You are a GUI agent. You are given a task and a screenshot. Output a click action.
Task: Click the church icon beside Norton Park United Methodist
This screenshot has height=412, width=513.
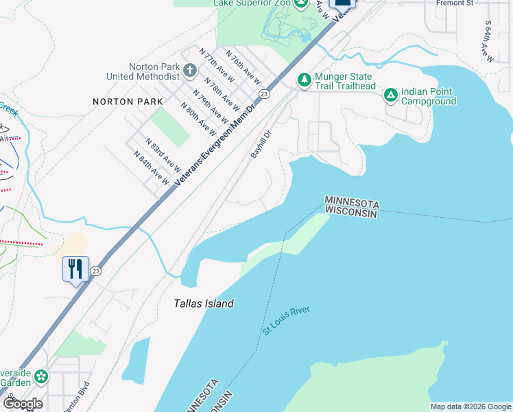point(190,70)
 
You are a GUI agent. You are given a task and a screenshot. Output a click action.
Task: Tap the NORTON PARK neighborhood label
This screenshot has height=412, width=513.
point(128,102)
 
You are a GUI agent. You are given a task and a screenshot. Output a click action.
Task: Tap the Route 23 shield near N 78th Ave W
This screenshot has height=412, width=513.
point(263,93)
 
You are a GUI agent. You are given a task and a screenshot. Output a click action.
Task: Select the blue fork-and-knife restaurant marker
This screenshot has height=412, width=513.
point(75,268)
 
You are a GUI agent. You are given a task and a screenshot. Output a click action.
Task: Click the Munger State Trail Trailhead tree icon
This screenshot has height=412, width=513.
point(304,80)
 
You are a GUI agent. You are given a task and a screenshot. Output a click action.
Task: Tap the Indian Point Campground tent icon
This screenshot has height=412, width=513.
point(390,95)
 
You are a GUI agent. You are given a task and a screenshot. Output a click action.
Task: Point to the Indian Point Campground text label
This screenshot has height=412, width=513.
point(429,96)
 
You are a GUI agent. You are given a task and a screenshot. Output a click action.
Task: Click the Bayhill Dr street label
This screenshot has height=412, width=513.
point(261,145)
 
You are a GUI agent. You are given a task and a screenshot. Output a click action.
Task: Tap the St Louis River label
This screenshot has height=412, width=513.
point(286,321)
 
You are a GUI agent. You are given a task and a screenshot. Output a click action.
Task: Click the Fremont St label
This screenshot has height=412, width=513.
point(455,3)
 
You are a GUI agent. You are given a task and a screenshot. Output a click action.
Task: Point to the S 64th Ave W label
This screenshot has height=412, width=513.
point(489,42)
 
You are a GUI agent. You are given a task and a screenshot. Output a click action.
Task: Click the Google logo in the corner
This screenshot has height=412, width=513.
point(22,403)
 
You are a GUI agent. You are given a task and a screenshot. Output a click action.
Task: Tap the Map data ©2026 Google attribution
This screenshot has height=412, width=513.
point(470,407)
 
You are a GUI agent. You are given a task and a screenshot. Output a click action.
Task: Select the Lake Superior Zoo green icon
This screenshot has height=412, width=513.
point(301,4)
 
